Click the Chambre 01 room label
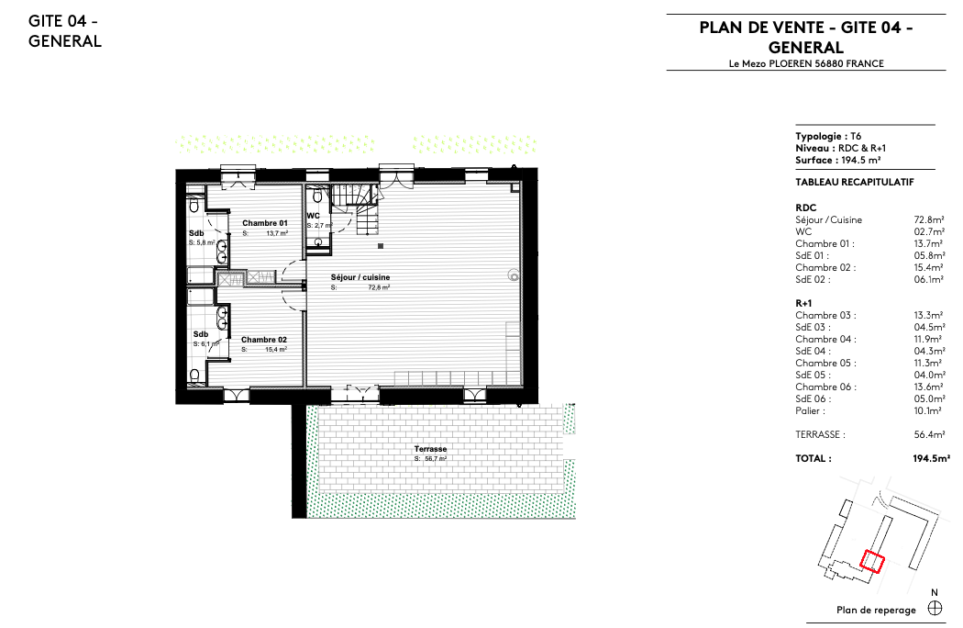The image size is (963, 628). (265, 223)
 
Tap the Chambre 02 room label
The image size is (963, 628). (264, 340)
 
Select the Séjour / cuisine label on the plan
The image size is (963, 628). (360, 277)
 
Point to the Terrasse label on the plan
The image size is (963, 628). (430, 449)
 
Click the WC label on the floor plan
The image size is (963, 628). (314, 216)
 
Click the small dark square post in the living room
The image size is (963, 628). (381, 246)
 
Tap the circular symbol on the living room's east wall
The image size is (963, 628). (513, 276)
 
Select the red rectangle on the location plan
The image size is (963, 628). (872, 562)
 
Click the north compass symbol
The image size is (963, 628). (935, 609)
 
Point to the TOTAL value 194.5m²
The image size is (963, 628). (932, 458)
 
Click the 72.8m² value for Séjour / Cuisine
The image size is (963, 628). (929, 219)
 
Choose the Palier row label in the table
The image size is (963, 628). (810, 411)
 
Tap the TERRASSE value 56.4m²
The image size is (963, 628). (929, 434)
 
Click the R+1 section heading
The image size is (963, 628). (803, 303)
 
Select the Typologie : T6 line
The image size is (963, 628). (828, 137)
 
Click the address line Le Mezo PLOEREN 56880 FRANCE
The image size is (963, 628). (806, 63)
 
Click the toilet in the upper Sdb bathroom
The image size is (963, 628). (194, 204)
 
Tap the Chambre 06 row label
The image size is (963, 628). (825, 387)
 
